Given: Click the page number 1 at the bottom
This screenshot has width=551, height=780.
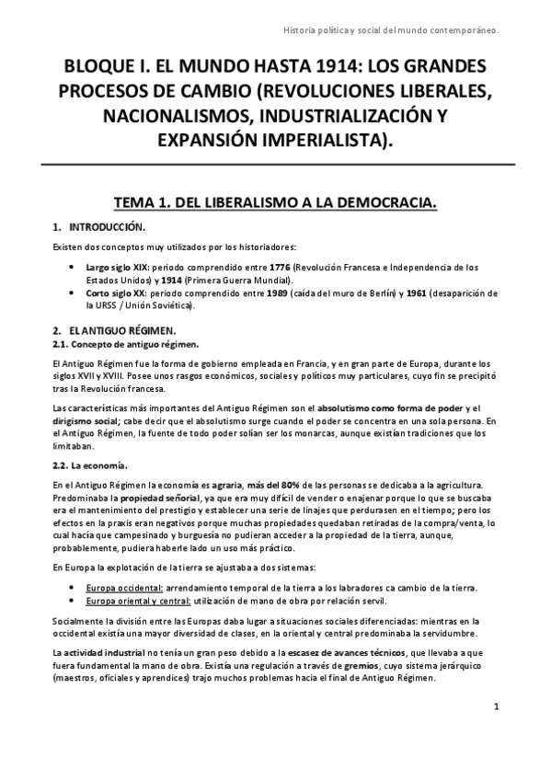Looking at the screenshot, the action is (496, 706).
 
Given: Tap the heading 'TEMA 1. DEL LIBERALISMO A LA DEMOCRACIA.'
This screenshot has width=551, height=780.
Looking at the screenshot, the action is (274, 201).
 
